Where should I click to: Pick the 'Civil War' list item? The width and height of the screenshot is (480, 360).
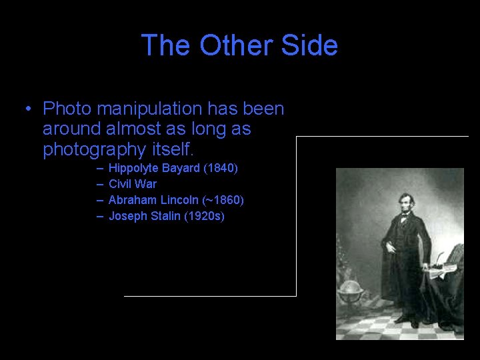(x=133, y=184)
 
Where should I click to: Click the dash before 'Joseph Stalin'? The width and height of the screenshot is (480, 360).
(x=100, y=216)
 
